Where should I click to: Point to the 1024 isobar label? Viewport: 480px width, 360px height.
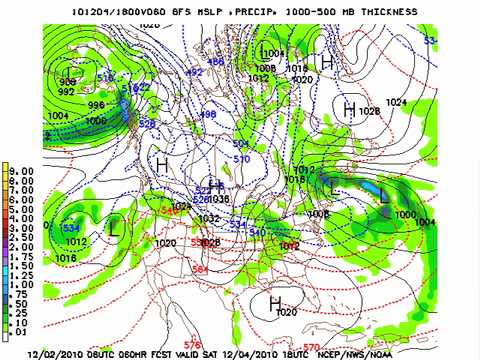[x=397, y=102]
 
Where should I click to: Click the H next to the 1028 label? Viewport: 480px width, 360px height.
[x=350, y=109]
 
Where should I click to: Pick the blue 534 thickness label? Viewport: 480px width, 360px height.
[x=71, y=228]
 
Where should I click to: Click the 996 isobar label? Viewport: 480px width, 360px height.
[x=96, y=105]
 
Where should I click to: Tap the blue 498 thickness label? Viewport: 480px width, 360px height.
[x=208, y=115]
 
